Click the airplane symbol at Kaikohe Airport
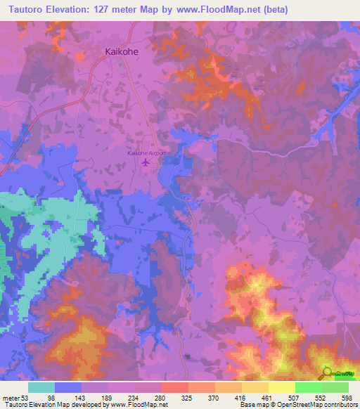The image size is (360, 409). click(146, 162)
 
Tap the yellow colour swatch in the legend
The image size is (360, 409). click(281, 387)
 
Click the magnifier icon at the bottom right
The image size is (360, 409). click(326, 373)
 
